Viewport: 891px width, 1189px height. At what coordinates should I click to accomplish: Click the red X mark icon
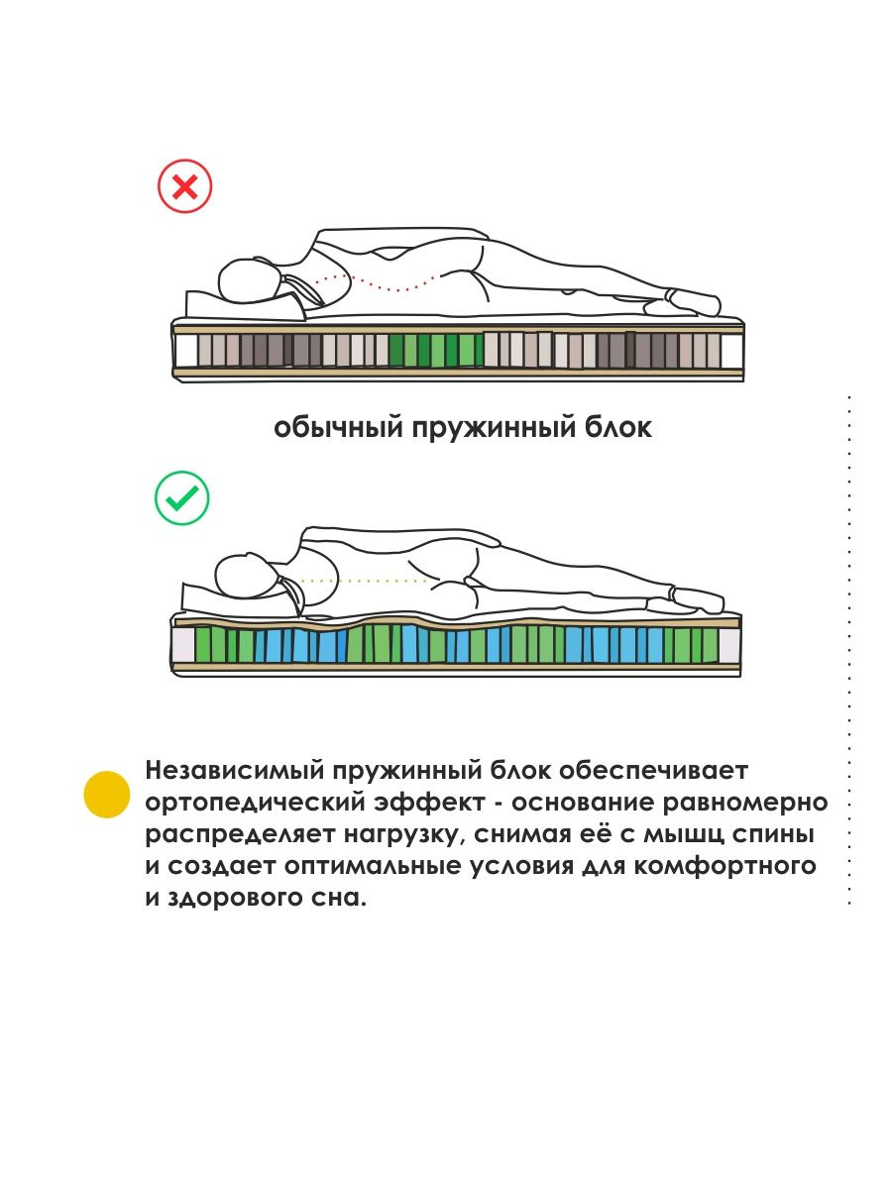184,186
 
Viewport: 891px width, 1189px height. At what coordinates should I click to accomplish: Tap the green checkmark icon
181,497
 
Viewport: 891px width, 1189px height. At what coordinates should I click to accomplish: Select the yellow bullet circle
107,794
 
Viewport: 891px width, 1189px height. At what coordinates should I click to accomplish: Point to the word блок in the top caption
617,426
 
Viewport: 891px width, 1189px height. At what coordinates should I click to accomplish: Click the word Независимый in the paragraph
235,770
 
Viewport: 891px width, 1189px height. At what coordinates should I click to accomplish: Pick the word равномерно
745,803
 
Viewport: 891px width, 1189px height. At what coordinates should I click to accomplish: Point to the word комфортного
725,866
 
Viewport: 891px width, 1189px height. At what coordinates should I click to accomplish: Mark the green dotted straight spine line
364,581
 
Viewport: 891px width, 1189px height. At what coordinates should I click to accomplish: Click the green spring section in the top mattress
435,350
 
